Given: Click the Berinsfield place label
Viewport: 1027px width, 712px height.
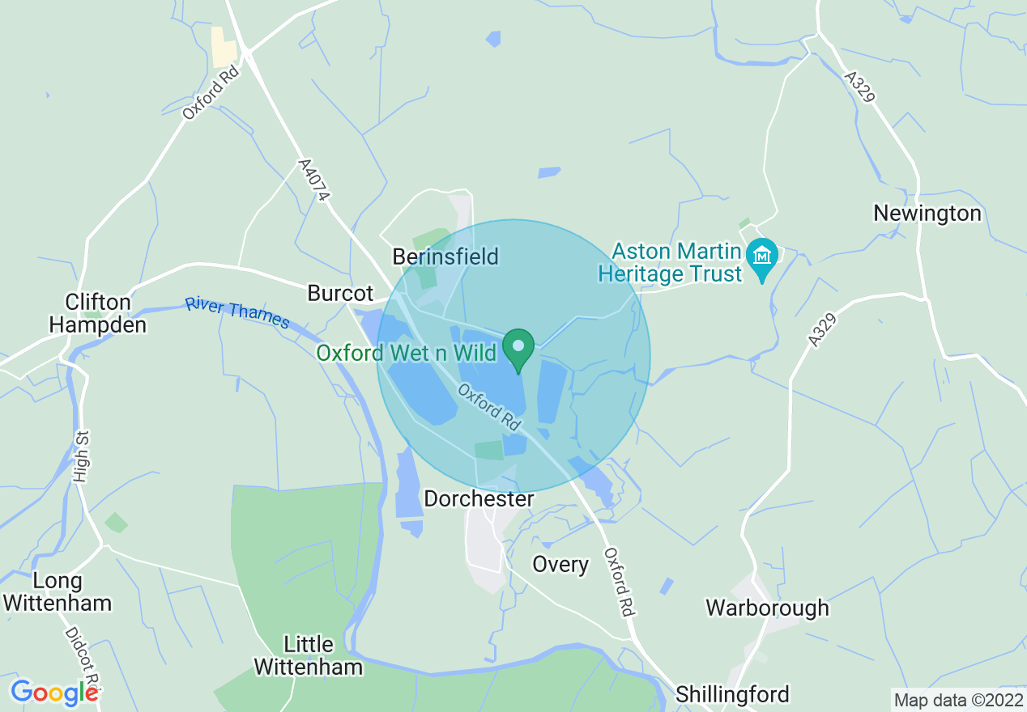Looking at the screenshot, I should point(445,256).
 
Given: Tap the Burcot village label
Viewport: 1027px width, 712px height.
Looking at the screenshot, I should point(340,293).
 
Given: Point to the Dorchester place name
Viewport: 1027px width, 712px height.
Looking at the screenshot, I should point(479,499).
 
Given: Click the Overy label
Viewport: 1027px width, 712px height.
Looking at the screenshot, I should point(560,564).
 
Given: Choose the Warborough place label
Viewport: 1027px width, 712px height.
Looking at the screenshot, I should point(767,608).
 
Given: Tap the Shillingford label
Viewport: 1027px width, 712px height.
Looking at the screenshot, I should point(732,694).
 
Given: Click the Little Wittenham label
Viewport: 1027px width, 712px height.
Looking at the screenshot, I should point(308,655).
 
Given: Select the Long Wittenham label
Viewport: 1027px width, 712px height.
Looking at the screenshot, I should point(57,591).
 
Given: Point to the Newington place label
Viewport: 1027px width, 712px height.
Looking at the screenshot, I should point(927,214).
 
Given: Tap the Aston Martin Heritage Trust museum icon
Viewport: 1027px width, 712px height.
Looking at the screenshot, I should point(761,256).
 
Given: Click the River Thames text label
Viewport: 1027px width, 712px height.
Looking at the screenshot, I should point(237,313).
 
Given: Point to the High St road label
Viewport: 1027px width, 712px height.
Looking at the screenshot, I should point(81,457).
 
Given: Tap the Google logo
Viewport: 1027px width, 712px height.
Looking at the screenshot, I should point(53,692).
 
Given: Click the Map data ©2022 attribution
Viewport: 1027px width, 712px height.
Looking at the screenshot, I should point(957,698).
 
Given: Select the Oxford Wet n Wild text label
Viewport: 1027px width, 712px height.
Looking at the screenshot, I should point(406,354).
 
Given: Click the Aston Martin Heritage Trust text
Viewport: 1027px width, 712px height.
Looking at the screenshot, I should point(671,262).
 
